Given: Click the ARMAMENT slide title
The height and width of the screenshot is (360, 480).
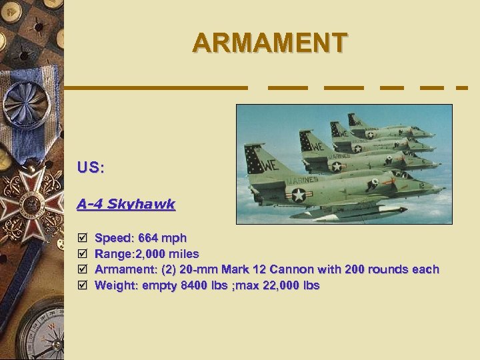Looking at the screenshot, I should coord(269,43).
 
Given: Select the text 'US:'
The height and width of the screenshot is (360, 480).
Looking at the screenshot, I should coord(90,167).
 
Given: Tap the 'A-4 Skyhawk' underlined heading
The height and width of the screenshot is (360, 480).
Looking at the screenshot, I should coord(125,204).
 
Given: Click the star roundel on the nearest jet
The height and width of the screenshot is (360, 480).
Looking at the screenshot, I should coord(298,195).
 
